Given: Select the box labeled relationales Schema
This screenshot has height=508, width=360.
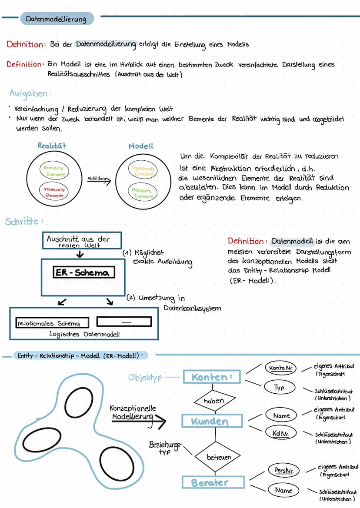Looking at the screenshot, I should click(52, 323).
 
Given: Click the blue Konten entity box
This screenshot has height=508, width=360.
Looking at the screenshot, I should click(212, 377).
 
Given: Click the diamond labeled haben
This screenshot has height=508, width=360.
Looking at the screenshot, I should click(213, 401).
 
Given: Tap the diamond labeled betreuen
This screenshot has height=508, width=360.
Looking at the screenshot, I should click(219, 457).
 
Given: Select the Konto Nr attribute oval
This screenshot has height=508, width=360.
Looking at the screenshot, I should click(280, 368).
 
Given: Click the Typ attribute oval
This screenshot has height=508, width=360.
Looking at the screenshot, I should click(279, 387).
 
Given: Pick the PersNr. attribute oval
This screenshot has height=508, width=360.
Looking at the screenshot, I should click(283, 470).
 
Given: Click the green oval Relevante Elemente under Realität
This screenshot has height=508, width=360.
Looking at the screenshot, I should click(53, 171).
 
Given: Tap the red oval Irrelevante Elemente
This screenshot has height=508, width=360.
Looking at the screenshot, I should click(54, 192).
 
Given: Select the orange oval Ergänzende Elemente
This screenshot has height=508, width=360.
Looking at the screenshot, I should click(143, 170).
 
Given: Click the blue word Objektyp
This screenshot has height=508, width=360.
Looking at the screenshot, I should click(145, 378).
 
